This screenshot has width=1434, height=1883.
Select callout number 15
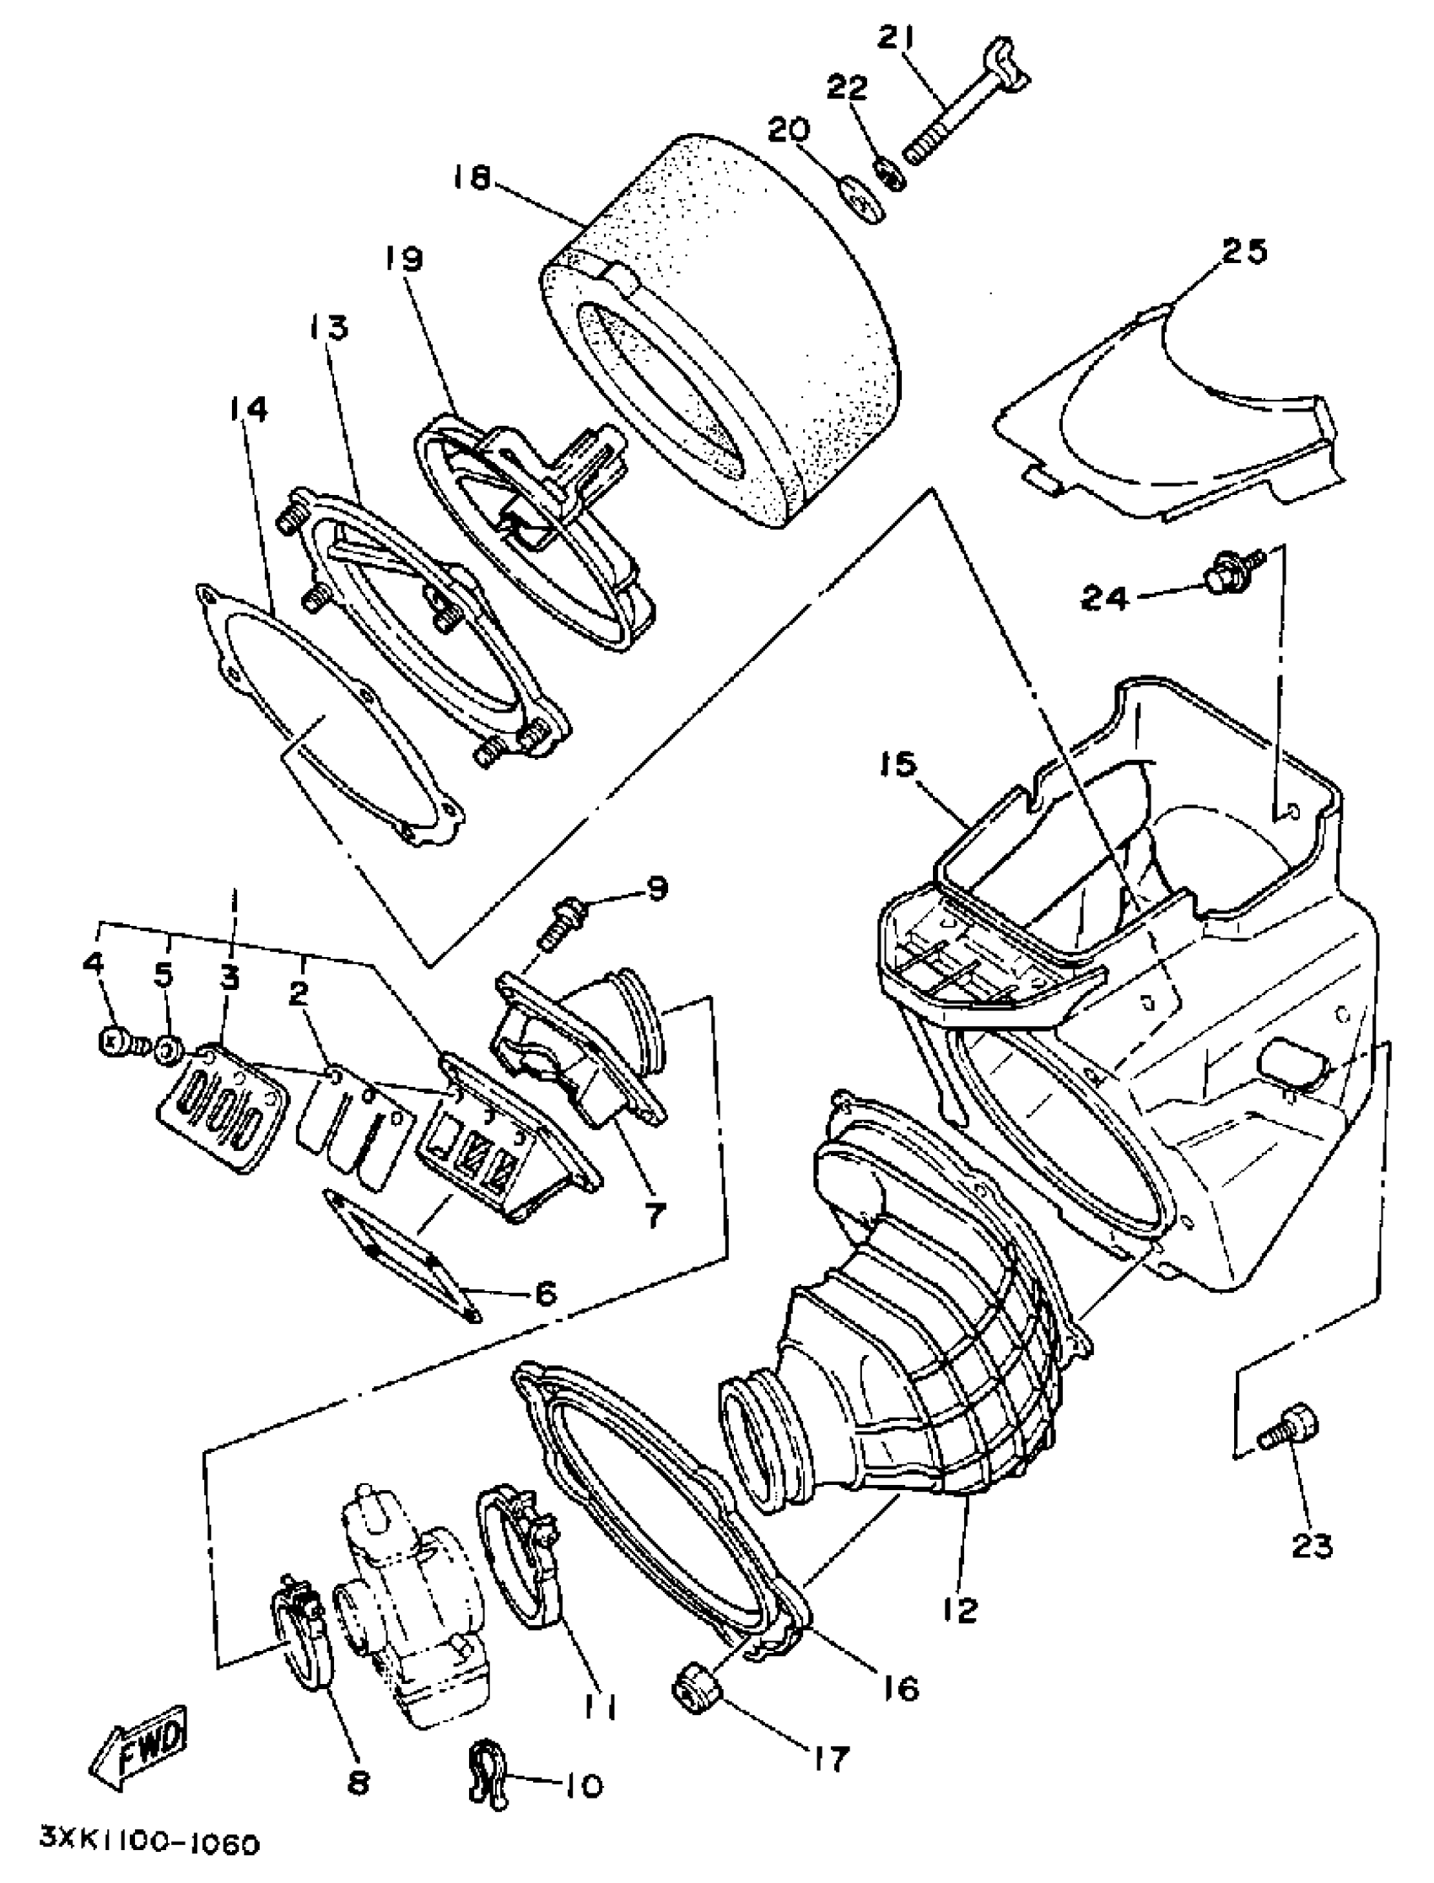(896, 765)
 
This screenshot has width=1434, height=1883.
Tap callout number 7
(654, 1216)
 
